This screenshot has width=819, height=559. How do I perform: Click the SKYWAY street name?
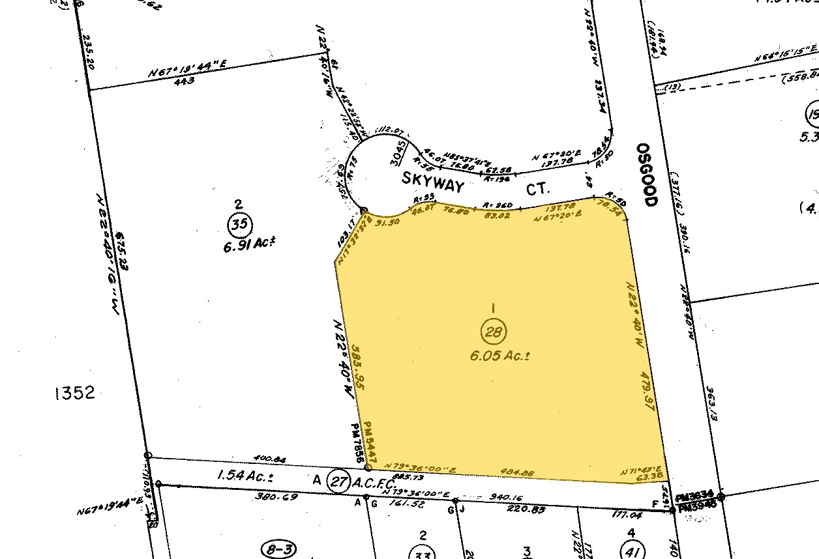click(x=432, y=183)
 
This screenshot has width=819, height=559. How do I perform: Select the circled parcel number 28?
click(x=493, y=332)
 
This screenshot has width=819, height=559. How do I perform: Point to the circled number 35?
click(x=239, y=225)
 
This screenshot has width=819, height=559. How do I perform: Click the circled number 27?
click(x=337, y=481)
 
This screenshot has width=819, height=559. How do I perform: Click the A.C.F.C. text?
click(x=374, y=483)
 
